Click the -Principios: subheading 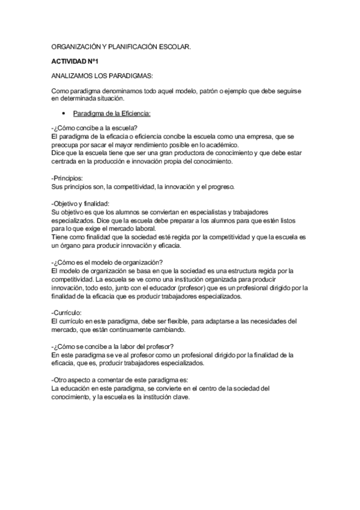67,178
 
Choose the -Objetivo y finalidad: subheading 81,204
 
